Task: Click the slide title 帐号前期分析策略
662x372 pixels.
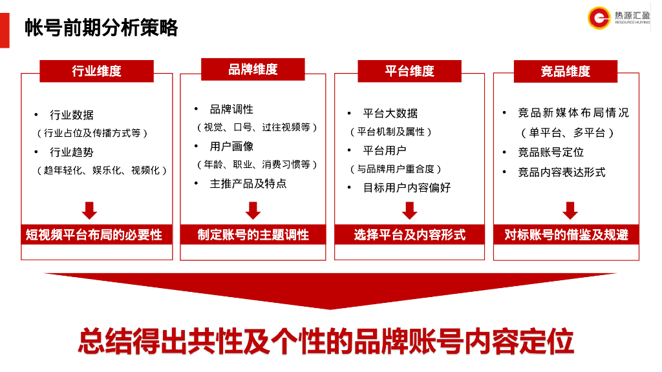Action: (101, 28)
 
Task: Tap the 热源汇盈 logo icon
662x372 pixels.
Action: (599, 17)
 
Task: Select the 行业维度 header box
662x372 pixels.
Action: (97, 71)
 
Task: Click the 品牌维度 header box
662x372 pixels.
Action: (253, 69)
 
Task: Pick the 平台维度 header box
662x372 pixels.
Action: (409, 71)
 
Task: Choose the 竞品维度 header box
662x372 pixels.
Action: (566, 71)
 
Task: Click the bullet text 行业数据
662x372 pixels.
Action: (72, 115)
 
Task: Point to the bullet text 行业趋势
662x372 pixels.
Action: (72, 152)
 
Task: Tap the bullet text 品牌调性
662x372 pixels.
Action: (232, 109)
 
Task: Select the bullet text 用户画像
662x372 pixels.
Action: (232, 147)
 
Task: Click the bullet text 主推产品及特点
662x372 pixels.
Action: (248, 183)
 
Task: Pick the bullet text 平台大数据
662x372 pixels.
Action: (390, 113)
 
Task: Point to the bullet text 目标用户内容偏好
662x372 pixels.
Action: (407, 187)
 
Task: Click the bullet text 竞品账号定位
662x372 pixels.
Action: (551, 152)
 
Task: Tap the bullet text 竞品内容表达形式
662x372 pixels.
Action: (562, 172)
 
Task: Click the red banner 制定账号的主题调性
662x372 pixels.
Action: (253, 234)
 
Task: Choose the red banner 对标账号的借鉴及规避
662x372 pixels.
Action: (566, 234)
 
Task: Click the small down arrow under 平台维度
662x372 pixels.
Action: (409, 211)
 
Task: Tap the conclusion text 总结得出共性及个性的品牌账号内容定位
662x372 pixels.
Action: (326, 341)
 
